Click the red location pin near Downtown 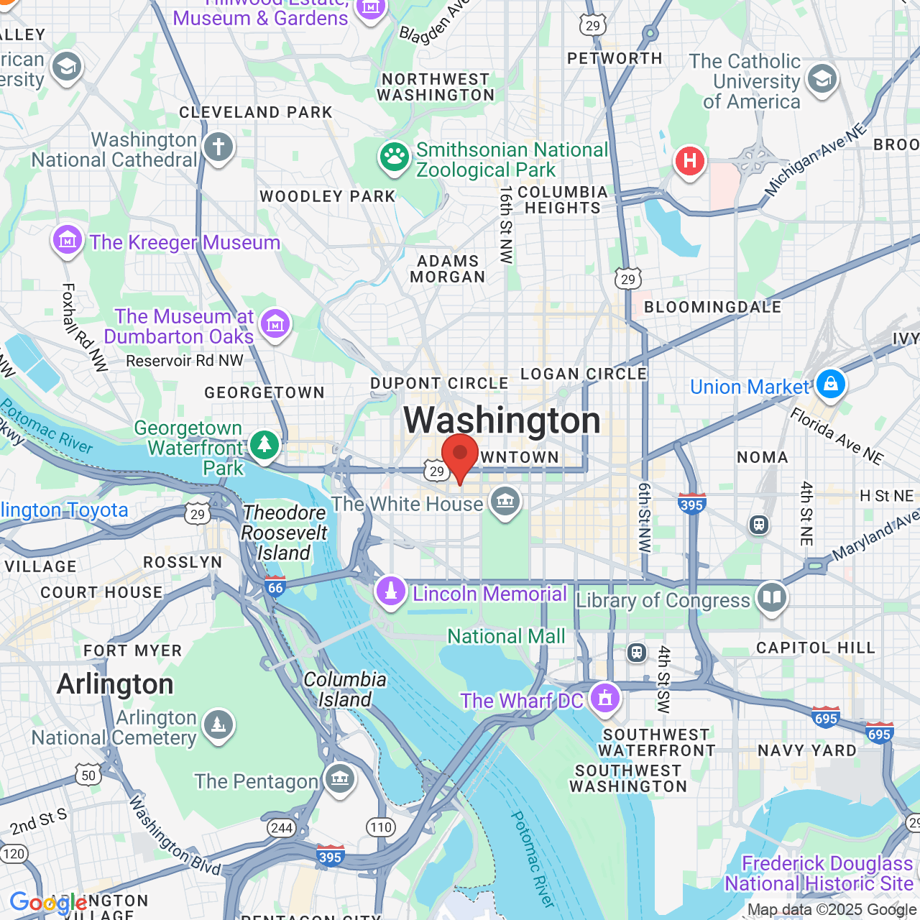[460, 456]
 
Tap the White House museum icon [505, 501]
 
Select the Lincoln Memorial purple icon [391, 592]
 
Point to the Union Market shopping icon [831, 384]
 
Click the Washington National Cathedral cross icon [218, 147]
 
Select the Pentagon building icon [339, 778]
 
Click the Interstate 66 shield [275, 586]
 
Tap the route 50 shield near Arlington [88, 775]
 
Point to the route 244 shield [282, 827]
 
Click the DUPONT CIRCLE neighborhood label [439, 383]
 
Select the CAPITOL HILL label [816, 648]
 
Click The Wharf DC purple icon [605, 697]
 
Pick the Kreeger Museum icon [68, 240]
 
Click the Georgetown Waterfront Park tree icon [264, 445]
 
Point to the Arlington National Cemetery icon [218, 725]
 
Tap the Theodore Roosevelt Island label [284, 533]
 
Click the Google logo [48, 903]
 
